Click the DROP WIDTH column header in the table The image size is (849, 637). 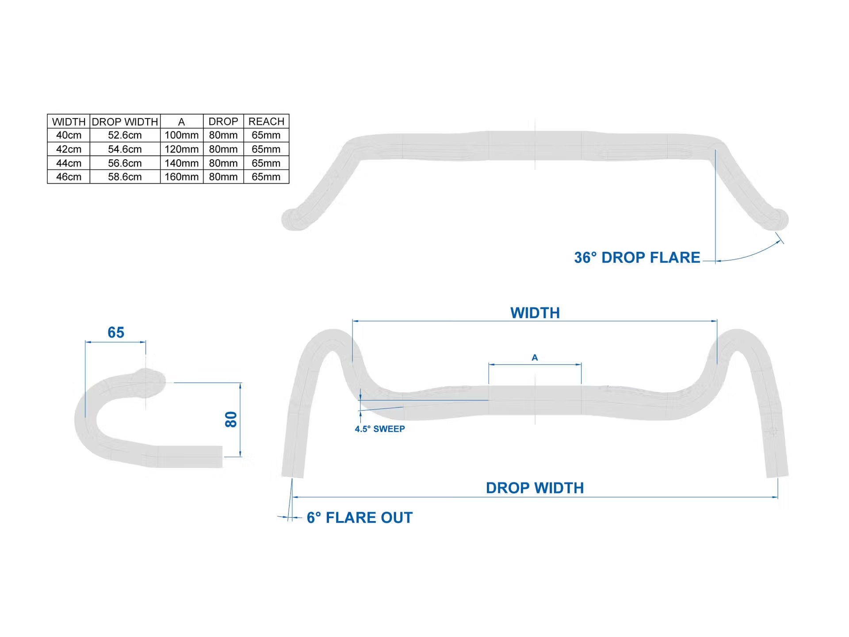[x=125, y=122]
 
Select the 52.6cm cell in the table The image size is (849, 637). [x=125, y=135]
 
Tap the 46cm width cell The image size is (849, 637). [x=69, y=177]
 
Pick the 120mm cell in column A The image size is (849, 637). [x=181, y=149]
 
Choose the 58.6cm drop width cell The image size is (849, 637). [x=125, y=177]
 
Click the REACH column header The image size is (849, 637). [x=266, y=122]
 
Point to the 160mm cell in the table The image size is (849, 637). [x=181, y=177]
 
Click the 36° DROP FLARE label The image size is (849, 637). [x=637, y=257]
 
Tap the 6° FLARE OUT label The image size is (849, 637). [x=359, y=518]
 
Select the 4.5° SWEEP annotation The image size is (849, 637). [x=380, y=429]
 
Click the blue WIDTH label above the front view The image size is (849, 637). [x=535, y=313]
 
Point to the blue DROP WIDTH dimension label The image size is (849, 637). [x=535, y=488]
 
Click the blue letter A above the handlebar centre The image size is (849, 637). [x=535, y=357]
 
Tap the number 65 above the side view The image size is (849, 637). [x=116, y=333]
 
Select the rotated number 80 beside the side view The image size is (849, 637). [x=231, y=419]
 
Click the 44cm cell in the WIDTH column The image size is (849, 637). [x=69, y=163]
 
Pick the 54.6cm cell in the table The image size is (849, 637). [x=125, y=149]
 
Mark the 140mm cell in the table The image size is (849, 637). [x=181, y=163]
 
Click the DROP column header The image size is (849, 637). [x=223, y=122]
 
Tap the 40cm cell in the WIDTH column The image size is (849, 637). [x=69, y=135]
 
